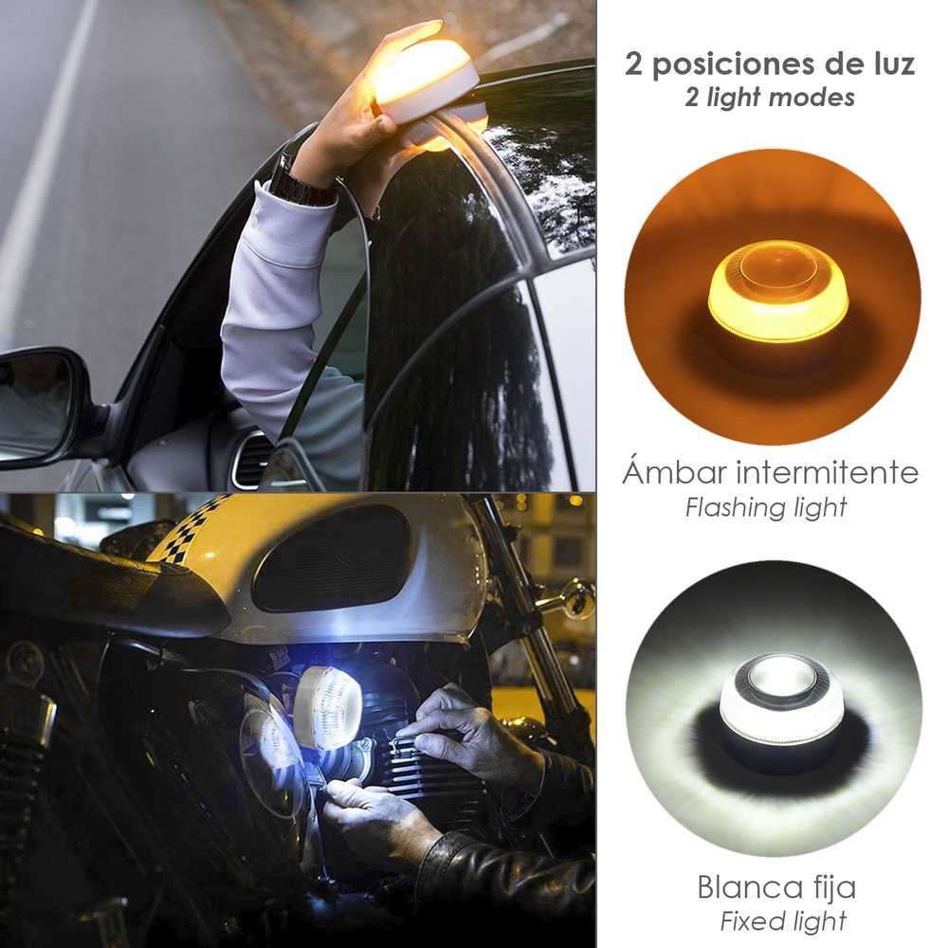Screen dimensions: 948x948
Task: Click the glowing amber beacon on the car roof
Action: point(429,81)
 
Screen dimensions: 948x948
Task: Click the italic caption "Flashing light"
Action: point(766,507)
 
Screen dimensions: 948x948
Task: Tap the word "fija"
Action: point(832,889)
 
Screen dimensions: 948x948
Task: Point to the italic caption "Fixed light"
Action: point(783,921)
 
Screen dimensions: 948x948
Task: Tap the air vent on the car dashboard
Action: point(252,459)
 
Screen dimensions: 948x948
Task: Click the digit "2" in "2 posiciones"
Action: point(635,64)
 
